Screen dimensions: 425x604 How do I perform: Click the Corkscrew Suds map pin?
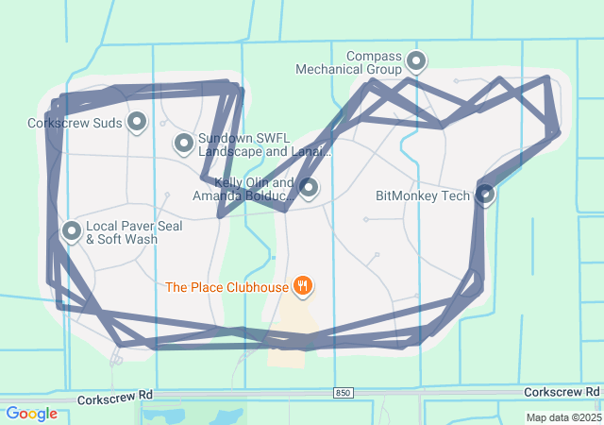click(138, 121)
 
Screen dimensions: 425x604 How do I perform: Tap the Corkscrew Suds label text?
click(75, 123)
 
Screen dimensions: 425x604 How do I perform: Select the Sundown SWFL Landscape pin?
click(184, 143)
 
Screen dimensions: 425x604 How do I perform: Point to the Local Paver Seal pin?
click(72, 229)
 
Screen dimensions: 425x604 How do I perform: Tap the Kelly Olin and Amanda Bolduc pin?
click(309, 187)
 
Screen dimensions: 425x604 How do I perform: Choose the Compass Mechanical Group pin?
click(415, 62)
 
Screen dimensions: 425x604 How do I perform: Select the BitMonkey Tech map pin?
click(485, 194)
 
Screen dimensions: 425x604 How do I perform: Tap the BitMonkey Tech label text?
click(422, 196)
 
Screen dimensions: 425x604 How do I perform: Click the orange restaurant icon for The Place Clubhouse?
click(302, 285)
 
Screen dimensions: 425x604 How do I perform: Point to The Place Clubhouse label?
click(226, 286)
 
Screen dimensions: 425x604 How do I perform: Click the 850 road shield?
click(344, 392)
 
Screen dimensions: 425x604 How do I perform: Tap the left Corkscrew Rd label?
click(115, 399)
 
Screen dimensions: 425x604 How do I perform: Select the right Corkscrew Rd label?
click(562, 391)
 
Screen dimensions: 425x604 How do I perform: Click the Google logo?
click(31, 414)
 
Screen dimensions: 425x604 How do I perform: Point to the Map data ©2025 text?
click(563, 417)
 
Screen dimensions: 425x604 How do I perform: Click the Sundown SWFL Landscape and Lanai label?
click(265, 144)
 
